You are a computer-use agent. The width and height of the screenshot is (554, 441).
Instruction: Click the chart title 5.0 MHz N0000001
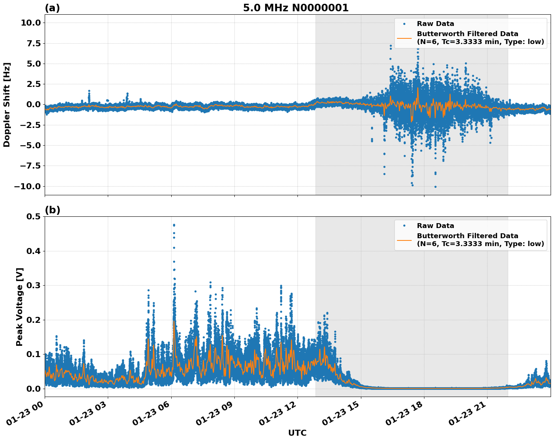pos(296,8)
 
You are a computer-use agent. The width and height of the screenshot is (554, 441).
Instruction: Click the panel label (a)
pos(52,8)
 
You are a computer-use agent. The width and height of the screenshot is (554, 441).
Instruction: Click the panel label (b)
pos(52,210)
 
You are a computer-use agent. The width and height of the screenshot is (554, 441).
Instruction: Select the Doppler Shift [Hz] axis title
pos(7,105)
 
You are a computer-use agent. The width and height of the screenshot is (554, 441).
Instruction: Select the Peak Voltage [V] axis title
pos(20,307)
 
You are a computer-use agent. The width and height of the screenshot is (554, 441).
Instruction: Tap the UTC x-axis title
pos(297,433)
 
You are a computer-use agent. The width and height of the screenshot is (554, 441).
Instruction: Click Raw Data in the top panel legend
pos(435,24)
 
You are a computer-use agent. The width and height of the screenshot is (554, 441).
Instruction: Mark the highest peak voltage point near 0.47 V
pos(174,225)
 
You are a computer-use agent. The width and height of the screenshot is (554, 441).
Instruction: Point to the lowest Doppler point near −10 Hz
pos(435,187)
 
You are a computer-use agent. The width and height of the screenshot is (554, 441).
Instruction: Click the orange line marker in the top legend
pos(404,38)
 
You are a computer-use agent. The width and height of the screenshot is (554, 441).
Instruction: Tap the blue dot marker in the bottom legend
pos(404,226)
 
